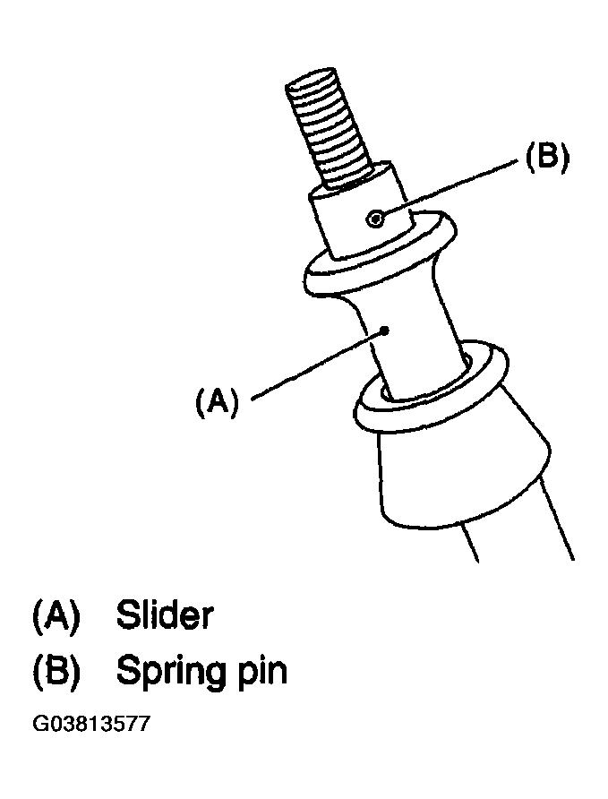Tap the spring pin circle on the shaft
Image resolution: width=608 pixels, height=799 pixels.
coord(375,219)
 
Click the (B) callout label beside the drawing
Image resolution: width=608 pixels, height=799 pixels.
coord(547,157)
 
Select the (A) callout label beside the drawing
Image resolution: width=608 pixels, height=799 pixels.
coord(217,401)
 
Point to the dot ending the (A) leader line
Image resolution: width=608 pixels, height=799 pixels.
coord(385,331)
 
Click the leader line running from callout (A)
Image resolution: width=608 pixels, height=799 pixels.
coord(318,365)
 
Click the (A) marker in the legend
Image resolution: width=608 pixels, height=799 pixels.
coord(56,615)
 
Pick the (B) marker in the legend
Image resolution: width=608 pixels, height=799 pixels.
coord(56,672)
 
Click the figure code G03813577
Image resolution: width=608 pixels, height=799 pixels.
coord(91,724)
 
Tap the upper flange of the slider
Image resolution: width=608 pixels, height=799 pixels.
coord(380,254)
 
